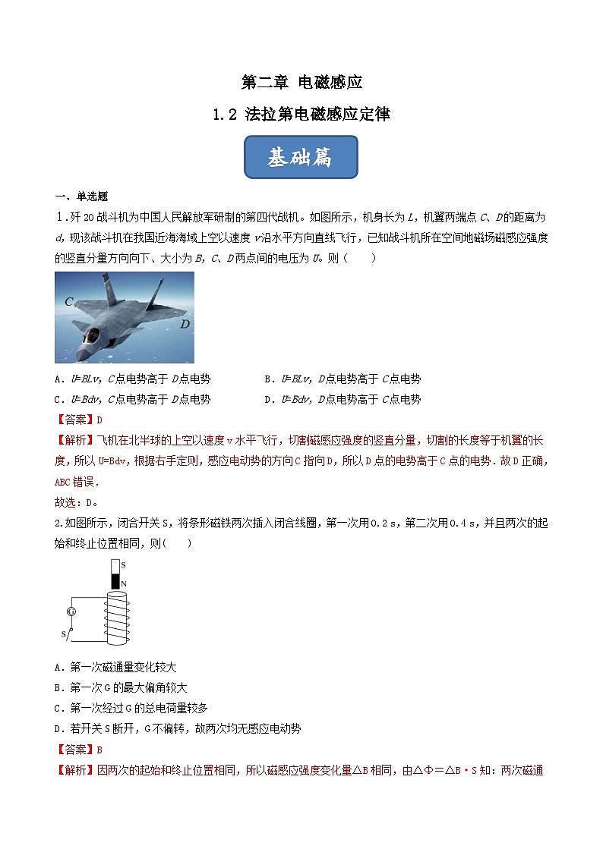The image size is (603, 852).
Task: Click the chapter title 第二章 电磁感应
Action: (301, 83)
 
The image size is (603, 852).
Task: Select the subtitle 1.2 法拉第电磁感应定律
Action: (301, 115)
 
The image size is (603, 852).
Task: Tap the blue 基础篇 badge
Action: (301, 157)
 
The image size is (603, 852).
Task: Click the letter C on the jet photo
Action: (68, 301)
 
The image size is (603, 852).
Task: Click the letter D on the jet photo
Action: (185, 324)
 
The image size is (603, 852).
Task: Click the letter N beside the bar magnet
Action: (123, 584)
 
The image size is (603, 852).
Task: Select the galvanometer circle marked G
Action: (71, 611)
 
